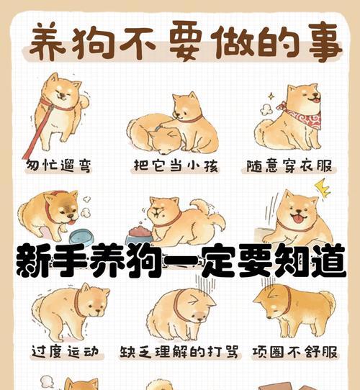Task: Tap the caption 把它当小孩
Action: [x=176, y=166]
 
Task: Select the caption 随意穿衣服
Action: [x=294, y=166]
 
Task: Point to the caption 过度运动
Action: [x=63, y=352]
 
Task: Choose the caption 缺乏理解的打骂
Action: [x=176, y=352]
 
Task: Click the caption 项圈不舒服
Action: [x=294, y=352]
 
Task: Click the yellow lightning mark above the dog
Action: [x=322, y=189]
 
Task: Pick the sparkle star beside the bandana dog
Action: [x=270, y=96]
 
